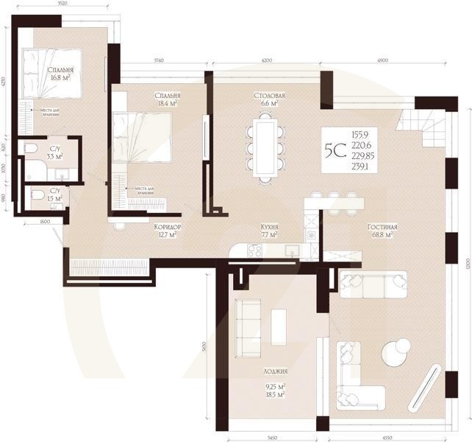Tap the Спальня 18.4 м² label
pos(168,101)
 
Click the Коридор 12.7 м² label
pos(168,231)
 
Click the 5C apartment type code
pos(335,150)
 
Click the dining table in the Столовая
pos(265,147)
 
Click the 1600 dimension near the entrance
pos(44,220)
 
